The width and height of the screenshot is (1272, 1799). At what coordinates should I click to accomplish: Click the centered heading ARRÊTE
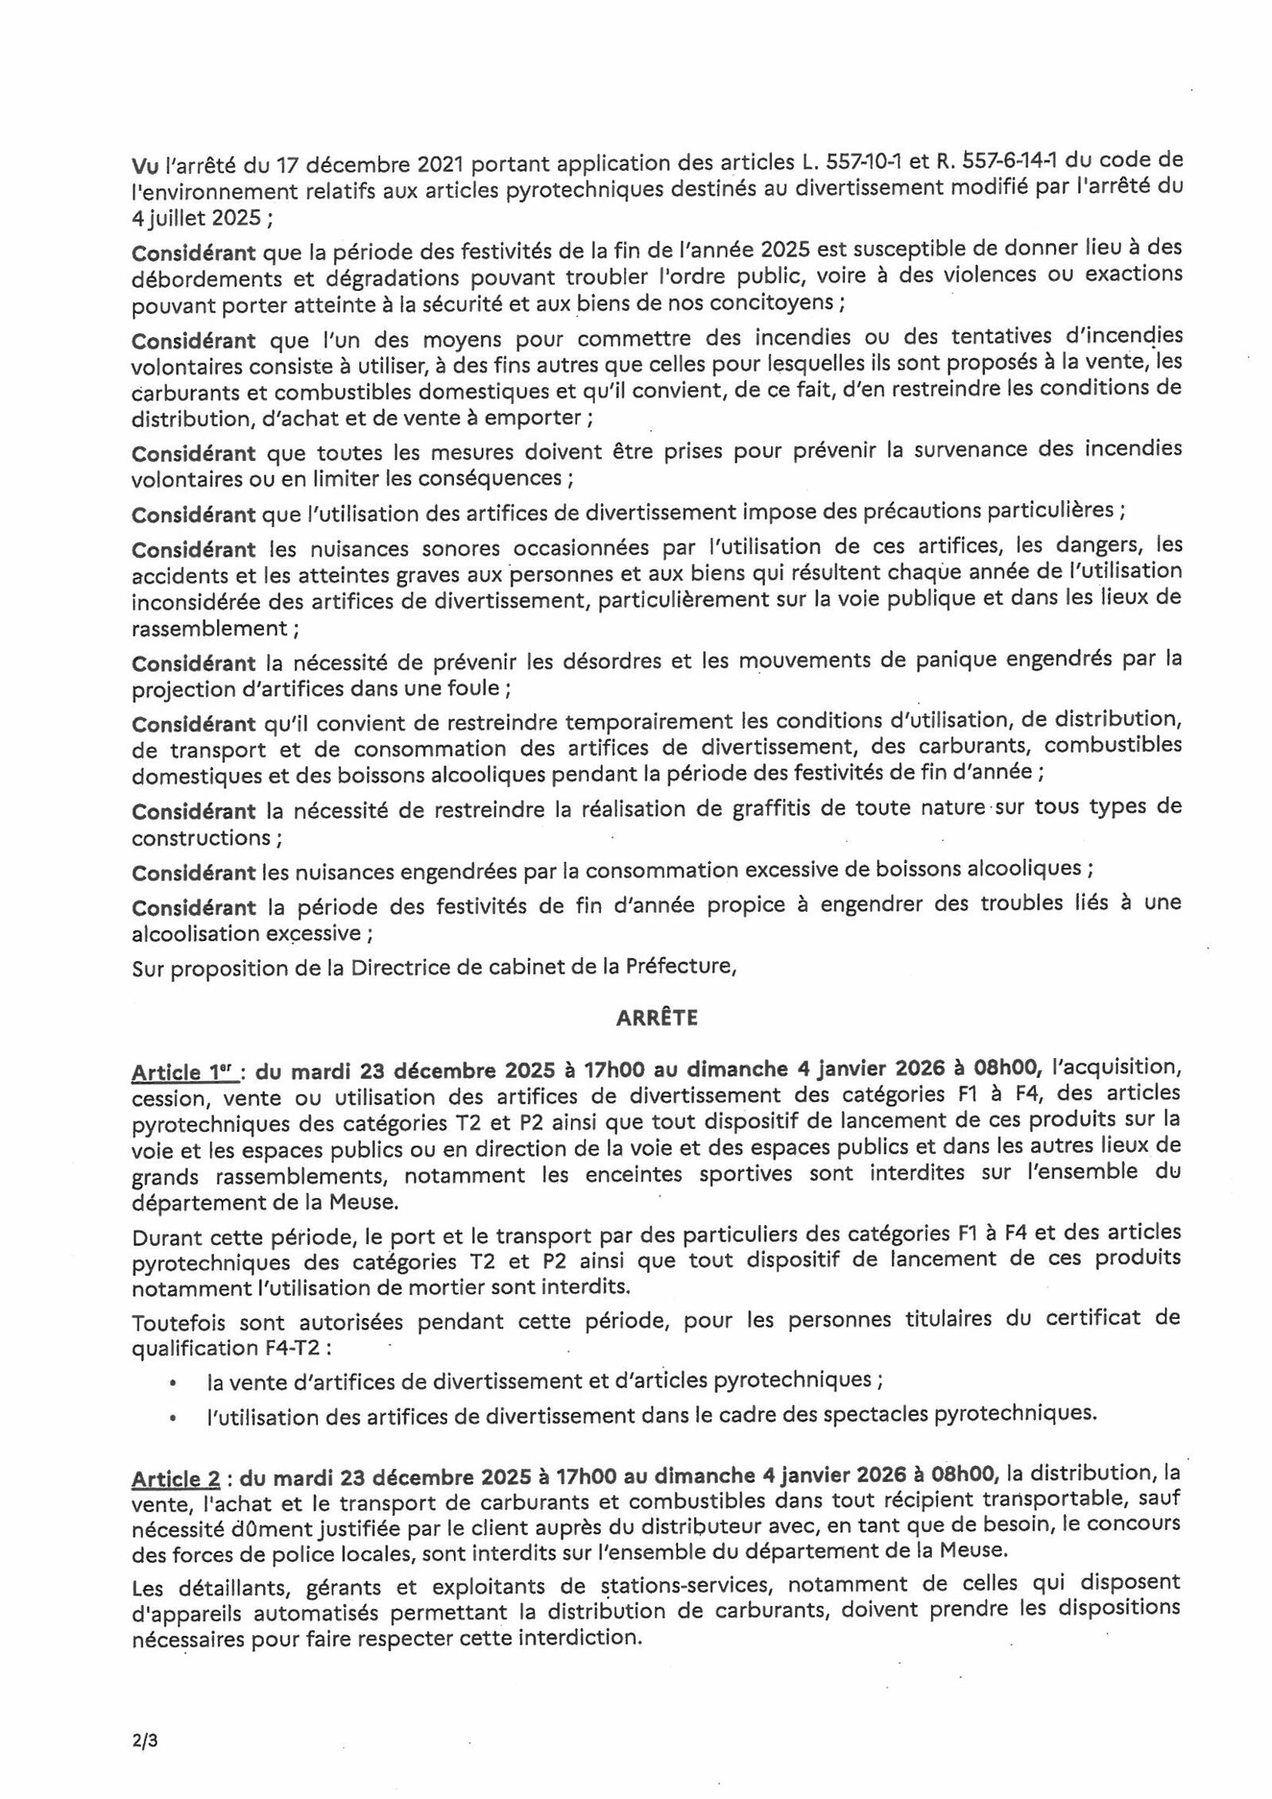(x=657, y=1018)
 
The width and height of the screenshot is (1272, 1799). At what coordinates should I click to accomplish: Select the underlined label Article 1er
(x=184, y=1072)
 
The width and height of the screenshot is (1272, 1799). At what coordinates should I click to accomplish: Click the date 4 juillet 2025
(x=196, y=218)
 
